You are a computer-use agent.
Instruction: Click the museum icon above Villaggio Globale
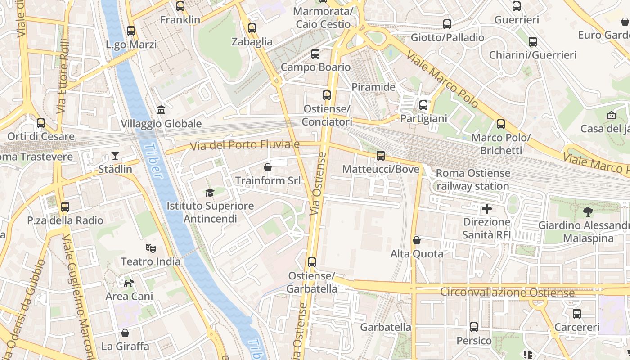(x=161, y=110)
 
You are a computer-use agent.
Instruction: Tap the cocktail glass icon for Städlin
(x=115, y=156)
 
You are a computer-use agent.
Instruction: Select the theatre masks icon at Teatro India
(x=150, y=248)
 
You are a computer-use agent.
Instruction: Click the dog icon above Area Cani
(x=129, y=283)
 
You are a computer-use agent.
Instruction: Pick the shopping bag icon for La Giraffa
(x=125, y=333)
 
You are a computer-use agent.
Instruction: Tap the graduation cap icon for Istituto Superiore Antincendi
(x=210, y=193)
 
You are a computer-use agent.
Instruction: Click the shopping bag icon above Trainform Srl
(x=268, y=167)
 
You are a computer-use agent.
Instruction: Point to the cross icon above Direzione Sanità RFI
(x=486, y=209)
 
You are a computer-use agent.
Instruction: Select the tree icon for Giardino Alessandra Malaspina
(x=588, y=211)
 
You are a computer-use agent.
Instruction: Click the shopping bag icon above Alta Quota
(x=417, y=240)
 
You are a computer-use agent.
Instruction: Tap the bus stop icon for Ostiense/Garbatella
(x=311, y=262)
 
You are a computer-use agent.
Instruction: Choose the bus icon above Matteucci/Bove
(x=381, y=156)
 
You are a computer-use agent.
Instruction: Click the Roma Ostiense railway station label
(x=473, y=179)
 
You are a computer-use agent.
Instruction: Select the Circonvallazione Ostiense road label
(x=507, y=292)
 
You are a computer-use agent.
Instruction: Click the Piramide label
(x=373, y=87)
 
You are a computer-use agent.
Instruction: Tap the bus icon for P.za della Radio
(x=65, y=207)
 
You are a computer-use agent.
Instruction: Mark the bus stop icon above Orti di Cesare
(x=41, y=123)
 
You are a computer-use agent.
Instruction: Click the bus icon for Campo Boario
(x=315, y=54)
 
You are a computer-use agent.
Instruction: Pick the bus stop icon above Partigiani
(x=423, y=105)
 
